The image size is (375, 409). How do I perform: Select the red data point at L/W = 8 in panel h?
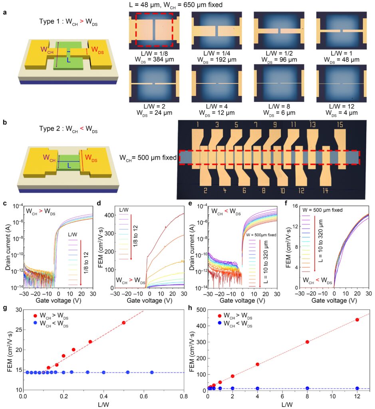pyautogui.click(x=307, y=342)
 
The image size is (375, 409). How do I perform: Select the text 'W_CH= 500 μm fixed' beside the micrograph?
pyautogui.click(x=148, y=157)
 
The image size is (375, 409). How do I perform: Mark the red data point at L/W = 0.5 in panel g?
pyautogui.click(x=123, y=322)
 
